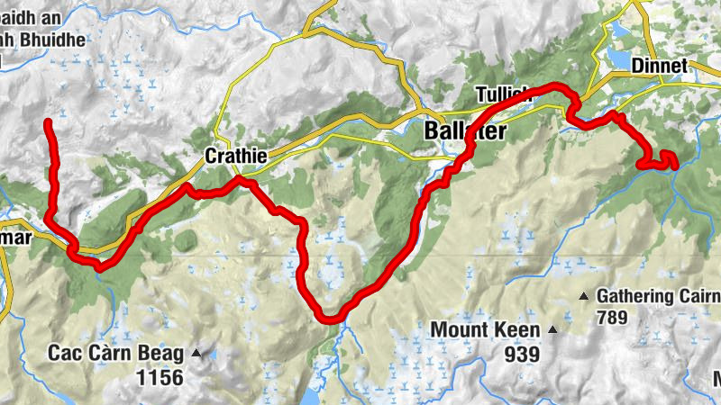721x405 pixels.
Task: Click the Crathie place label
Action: (236, 156)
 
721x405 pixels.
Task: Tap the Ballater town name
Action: (465, 131)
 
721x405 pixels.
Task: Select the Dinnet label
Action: (660, 66)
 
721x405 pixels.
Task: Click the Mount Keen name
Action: (485, 330)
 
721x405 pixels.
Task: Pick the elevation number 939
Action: (522, 354)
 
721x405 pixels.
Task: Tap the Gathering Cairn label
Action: (659, 296)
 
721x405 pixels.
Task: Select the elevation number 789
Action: (611, 318)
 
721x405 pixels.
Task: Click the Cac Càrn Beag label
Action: (117, 352)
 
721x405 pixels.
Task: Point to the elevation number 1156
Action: (159, 377)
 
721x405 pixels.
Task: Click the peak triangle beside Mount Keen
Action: (553, 331)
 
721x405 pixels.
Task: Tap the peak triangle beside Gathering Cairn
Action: (583, 296)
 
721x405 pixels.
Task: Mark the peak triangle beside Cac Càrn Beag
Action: (196, 352)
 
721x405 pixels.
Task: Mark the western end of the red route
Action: (47, 121)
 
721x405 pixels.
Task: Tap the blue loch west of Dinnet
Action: (621, 58)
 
